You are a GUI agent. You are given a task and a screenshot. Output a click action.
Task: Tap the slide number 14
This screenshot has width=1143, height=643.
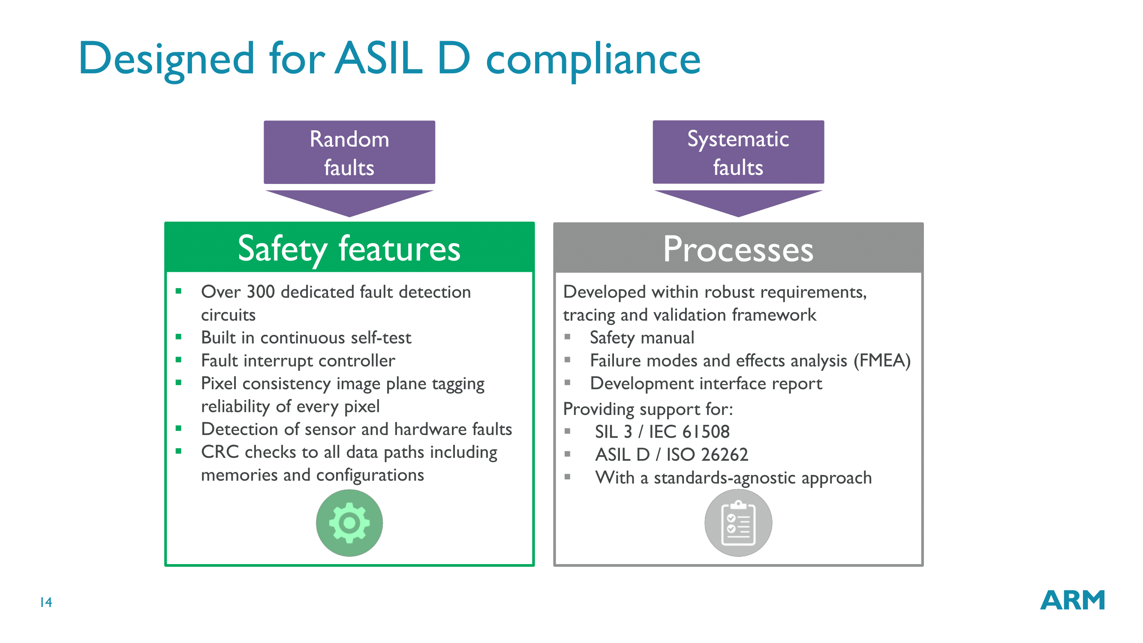click(x=46, y=602)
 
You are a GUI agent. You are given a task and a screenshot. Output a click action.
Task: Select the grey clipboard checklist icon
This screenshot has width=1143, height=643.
click(x=738, y=523)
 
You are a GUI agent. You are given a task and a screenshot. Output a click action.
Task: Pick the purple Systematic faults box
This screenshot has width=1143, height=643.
click(x=738, y=152)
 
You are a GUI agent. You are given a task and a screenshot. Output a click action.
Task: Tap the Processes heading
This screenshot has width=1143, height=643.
click(x=738, y=250)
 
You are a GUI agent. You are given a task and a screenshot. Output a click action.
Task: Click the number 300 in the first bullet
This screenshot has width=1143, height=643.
click(x=261, y=292)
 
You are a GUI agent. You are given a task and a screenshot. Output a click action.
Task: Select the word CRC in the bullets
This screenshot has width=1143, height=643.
click(x=220, y=452)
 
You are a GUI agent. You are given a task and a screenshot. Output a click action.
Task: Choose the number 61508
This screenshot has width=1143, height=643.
click(x=706, y=432)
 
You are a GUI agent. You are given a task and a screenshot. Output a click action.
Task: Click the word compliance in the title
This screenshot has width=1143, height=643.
click(x=593, y=60)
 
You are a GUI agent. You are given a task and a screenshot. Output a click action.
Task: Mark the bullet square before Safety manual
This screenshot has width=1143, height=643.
click(x=567, y=337)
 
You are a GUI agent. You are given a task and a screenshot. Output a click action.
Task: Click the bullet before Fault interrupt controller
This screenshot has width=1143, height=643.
click(x=178, y=360)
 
